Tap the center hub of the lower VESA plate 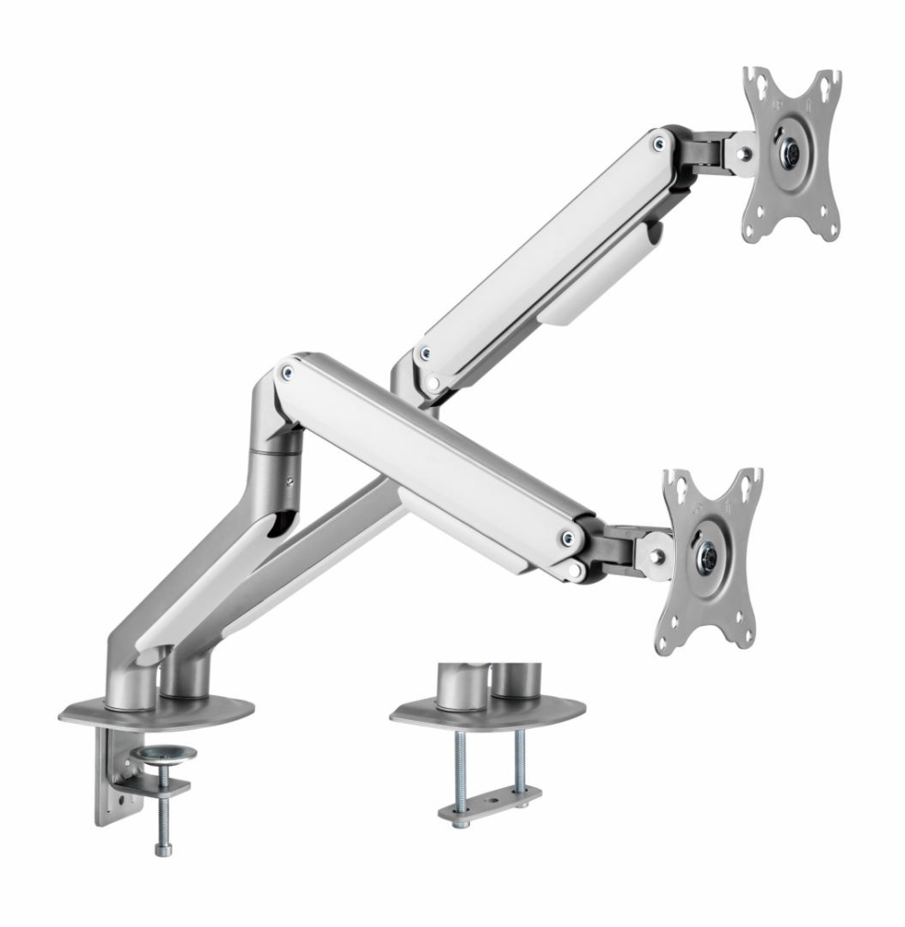click(708, 556)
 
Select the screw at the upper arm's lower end click(424, 353)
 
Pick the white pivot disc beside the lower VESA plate click(656, 555)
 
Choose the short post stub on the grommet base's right click(512, 679)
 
